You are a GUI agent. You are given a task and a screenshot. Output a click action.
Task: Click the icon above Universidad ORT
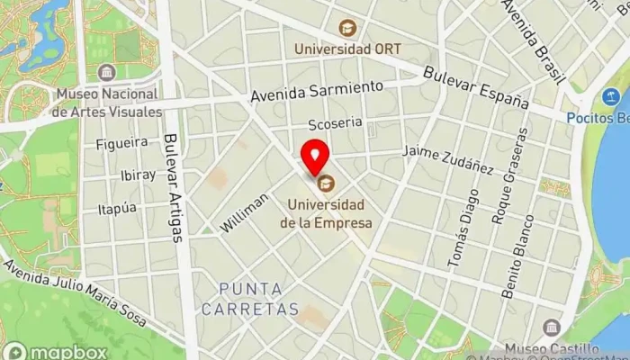[x=347, y=28]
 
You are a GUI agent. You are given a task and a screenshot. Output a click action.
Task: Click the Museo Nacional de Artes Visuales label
[x=107, y=103]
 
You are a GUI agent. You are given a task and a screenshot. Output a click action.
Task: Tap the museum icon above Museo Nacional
[x=107, y=72]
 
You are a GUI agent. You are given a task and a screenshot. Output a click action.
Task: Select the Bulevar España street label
[x=476, y=87]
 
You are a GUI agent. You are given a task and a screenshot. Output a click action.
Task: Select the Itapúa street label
[x=116, y=207]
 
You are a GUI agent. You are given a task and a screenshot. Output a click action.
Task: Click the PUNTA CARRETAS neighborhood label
[x=249, y=299]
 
